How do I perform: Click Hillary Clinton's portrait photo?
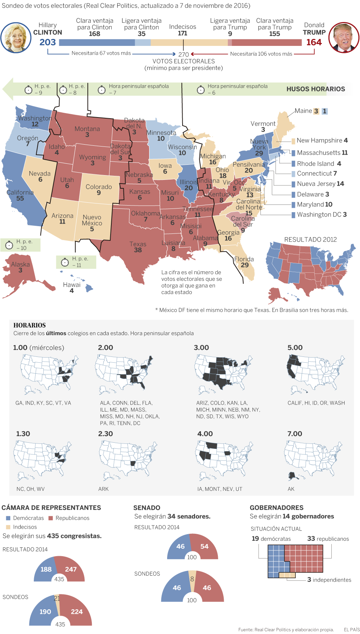[16, 38]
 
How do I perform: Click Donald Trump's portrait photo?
[344, 37]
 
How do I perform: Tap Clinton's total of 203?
[48, 42]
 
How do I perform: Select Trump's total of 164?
[314, 42]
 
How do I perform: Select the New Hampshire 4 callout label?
[322, 141]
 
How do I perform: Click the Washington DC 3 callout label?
[321, 214]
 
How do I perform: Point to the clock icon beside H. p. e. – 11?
[65, 262]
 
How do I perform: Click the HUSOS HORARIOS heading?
[316, 89]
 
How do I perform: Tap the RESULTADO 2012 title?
[310, 240]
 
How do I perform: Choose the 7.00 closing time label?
[295, 434]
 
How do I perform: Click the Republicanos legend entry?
[72, 518]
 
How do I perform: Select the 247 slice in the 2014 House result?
[71, 569]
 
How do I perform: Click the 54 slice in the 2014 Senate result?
[204, 547]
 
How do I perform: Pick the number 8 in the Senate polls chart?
[192, 579]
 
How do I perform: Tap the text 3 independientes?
[329, 580]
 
